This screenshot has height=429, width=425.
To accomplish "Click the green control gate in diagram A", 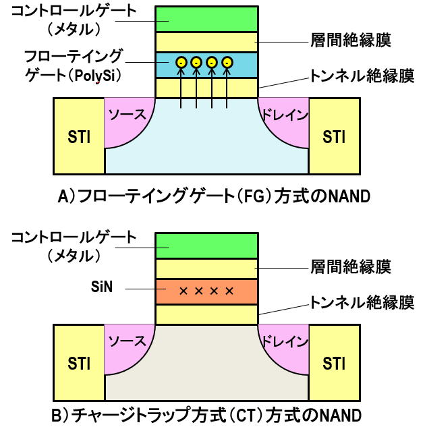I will pyautogui.click(x=206, y=19).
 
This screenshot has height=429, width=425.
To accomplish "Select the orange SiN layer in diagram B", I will pyautogui.click(x=206, y=291).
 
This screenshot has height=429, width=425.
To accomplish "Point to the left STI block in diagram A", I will pyautogui.click(x=79, y=137).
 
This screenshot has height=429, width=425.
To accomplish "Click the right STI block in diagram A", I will pyautogui.click(x=334, y=137).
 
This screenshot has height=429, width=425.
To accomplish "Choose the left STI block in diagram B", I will pyautogui.click(x=79, y=364).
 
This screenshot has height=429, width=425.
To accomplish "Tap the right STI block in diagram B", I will pyautogui.click(x=334, y=364).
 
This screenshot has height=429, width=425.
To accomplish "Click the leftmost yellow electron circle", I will pyautogui.click(x=181, y=63).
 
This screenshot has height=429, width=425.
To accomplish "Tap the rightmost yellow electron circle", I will pyautogui.click(x=227, y=63).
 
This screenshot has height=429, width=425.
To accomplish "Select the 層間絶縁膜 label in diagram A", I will pyautogui.click(x=351, y=40).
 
